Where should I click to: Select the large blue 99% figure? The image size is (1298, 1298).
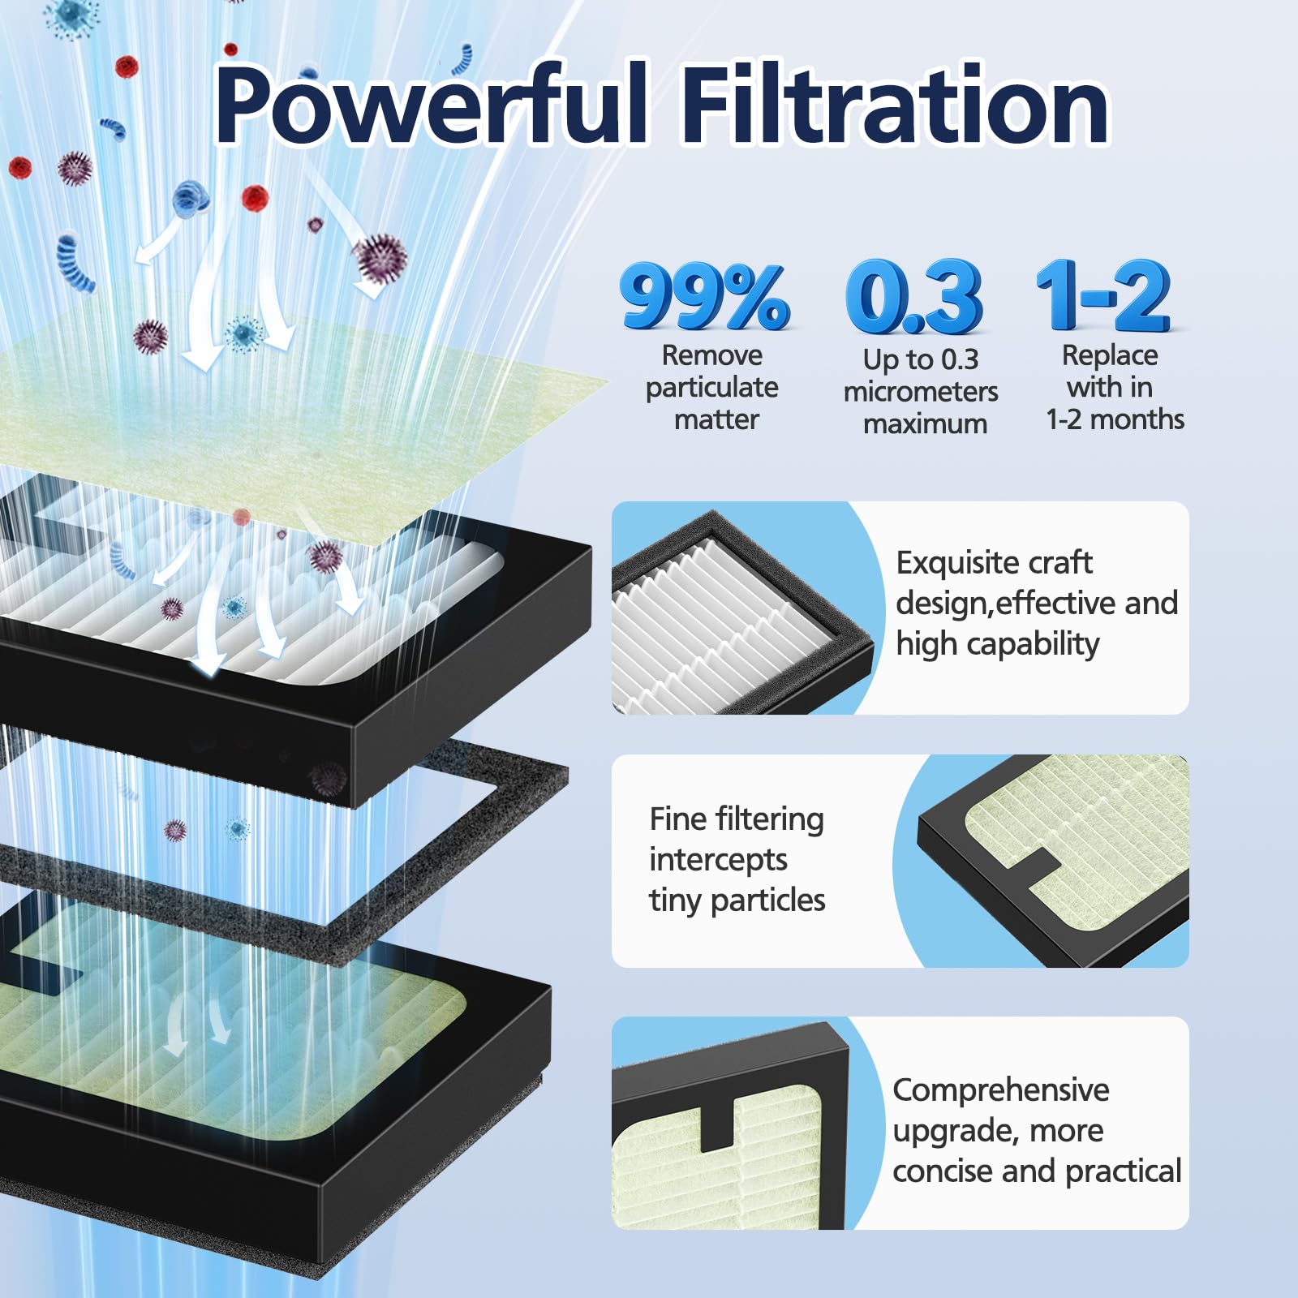pyautogui.click(x=704, y=298)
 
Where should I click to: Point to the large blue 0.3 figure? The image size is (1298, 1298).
pyautogui.click(x=913, y=298)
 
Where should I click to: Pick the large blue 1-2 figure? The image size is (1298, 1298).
pyautogui.click(x=1103, y=296)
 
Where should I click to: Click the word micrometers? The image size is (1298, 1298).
pyautogui.click(x=921, y=392)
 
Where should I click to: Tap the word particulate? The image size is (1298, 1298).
pyautogui.click(x=711, y=388)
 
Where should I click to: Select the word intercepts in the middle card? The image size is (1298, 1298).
pyautogui.click(x=718, y=860)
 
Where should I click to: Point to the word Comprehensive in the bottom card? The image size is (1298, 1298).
pyautogui.click(x=1000, y=1090)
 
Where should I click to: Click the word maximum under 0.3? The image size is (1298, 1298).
pyautogui.click(x=925, y=424)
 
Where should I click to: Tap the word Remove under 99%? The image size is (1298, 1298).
pyautogui.click(x=711, y=355)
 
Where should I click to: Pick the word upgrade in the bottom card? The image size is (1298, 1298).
pyautogui.click(x=946, y=1131)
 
